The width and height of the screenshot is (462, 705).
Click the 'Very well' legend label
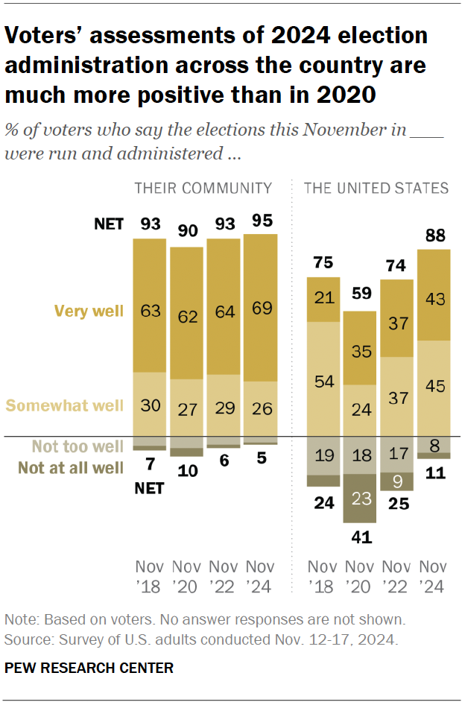click(x=89, y=311)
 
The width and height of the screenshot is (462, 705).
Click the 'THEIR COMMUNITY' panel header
click(x=203, y=187)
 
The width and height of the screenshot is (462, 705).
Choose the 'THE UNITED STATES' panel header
click(x=376, y=187)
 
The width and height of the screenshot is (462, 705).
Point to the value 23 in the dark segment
click(x=360, y=499)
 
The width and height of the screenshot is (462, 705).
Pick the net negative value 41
click(x=360, y=537)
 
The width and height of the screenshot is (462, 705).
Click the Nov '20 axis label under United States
click(x=360, y=575)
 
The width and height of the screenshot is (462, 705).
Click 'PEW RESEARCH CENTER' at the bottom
click(x=89, y=668)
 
